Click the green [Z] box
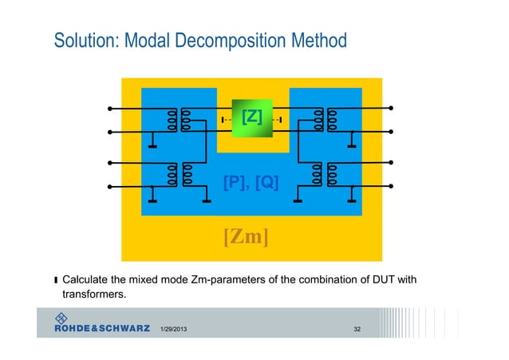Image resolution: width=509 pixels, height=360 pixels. (251, 119)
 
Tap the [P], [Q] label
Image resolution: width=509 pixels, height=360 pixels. (251, 181)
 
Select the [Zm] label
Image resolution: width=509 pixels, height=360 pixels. (245, 237)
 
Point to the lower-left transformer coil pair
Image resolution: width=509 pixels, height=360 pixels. (180, 175)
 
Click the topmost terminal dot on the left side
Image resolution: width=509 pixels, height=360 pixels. (111, 108)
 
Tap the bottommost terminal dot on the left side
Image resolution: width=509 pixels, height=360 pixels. (111, 188)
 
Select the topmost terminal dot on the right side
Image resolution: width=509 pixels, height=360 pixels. (391, 108)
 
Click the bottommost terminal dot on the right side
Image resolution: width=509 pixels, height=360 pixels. (391, 188)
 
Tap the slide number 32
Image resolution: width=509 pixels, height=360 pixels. (358, 330)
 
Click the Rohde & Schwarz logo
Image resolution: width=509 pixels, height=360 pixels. (100, 326)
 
